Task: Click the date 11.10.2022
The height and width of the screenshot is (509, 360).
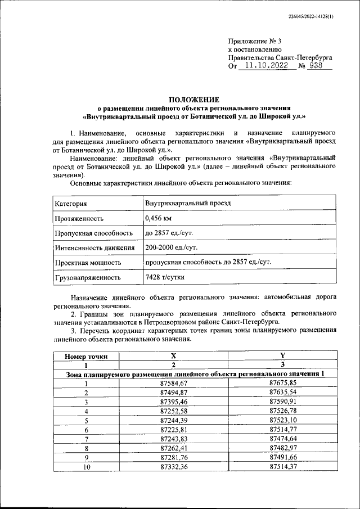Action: (263, 66)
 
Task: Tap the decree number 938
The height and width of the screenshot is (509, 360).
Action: (318, 66)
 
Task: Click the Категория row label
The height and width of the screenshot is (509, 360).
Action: (70, 203)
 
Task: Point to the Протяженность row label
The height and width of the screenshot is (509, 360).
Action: (79, 218)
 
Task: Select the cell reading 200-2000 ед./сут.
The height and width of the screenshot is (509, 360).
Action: (171, 247)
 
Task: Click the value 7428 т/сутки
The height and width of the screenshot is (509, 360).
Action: (164, 277)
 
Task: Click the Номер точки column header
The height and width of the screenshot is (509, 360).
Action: (86, 356)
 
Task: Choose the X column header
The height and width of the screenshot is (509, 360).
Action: (173, 356)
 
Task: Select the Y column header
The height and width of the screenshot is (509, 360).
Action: (282, 356)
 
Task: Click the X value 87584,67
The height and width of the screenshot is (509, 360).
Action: (173, 383)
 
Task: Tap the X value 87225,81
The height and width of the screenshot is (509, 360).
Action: (173, 430)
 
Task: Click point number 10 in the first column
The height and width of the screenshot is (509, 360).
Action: (86, 467)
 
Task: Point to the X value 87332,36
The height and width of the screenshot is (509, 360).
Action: (173, 467)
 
